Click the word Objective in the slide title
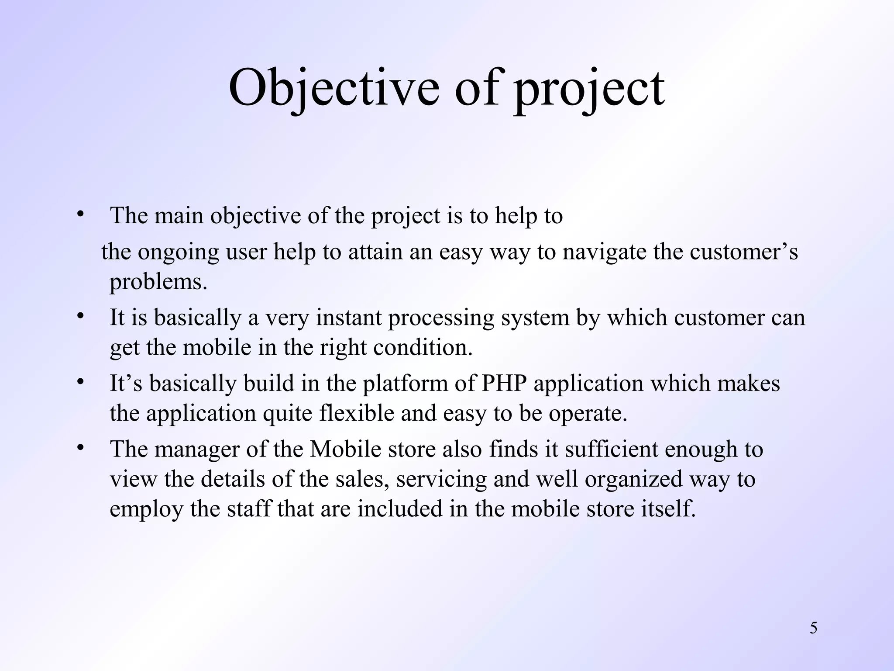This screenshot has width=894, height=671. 334,88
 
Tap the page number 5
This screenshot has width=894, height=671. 814,628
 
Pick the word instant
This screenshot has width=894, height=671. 349,318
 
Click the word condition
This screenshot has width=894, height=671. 423,348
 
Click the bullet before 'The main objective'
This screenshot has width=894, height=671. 80,215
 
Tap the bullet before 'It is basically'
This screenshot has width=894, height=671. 80,316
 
